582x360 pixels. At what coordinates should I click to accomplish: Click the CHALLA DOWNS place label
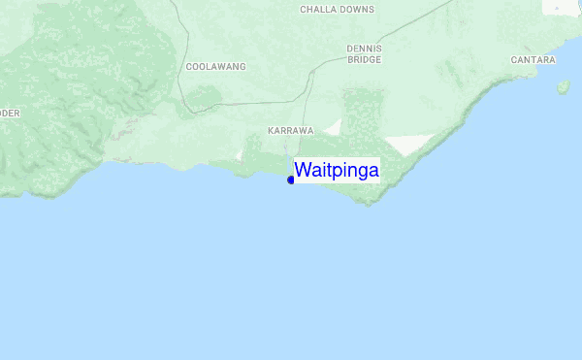338,9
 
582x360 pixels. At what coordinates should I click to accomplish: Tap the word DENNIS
365,48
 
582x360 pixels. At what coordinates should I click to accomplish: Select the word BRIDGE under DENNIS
365,59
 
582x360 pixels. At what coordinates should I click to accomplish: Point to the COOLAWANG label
215,67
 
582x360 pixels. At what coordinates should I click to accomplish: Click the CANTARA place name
533,60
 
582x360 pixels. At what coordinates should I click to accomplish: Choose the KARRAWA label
291,130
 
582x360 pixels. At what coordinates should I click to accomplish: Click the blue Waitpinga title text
337,171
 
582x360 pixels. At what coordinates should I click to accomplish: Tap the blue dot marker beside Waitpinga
291,180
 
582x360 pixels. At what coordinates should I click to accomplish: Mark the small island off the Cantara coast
563,87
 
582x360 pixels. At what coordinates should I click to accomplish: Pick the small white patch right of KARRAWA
334,127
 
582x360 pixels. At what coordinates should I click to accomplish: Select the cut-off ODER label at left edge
10,113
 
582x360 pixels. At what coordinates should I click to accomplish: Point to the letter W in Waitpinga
303,171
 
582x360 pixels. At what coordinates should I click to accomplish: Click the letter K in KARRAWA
272,130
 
